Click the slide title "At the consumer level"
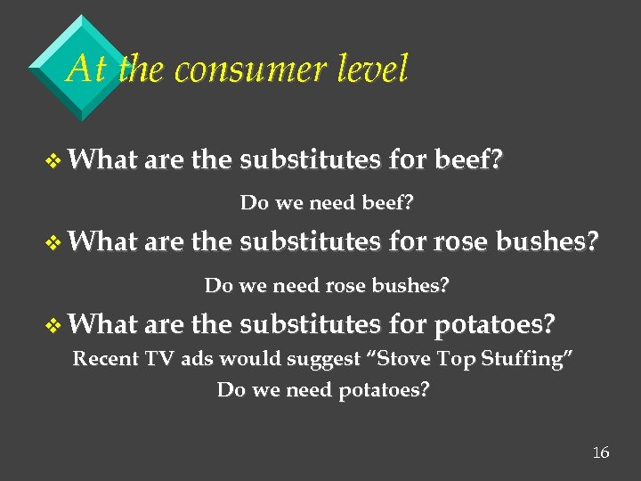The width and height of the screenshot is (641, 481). tap(237, 69)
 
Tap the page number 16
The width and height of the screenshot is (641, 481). tap(601, 453)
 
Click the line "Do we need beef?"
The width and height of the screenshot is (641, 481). tap(326, 203)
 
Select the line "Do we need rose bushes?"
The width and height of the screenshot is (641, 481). tap(327, 286)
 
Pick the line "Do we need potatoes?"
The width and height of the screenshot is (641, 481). tap(323, 389)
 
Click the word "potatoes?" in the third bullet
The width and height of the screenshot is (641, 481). tap(495, 324)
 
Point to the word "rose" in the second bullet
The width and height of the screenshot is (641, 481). tap(465, 242)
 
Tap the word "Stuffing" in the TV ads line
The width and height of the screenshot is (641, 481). tap(531, 359)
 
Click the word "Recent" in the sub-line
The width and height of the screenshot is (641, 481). tap(106, 359)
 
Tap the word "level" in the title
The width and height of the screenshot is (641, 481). tap(369, 69)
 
